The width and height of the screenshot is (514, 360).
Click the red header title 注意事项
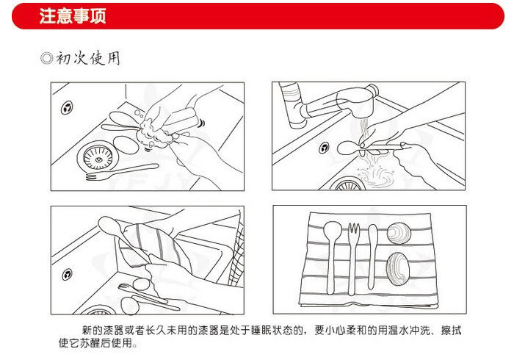[x=72, y=17]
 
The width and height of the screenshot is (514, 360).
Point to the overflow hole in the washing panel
[x=68, y=107]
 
